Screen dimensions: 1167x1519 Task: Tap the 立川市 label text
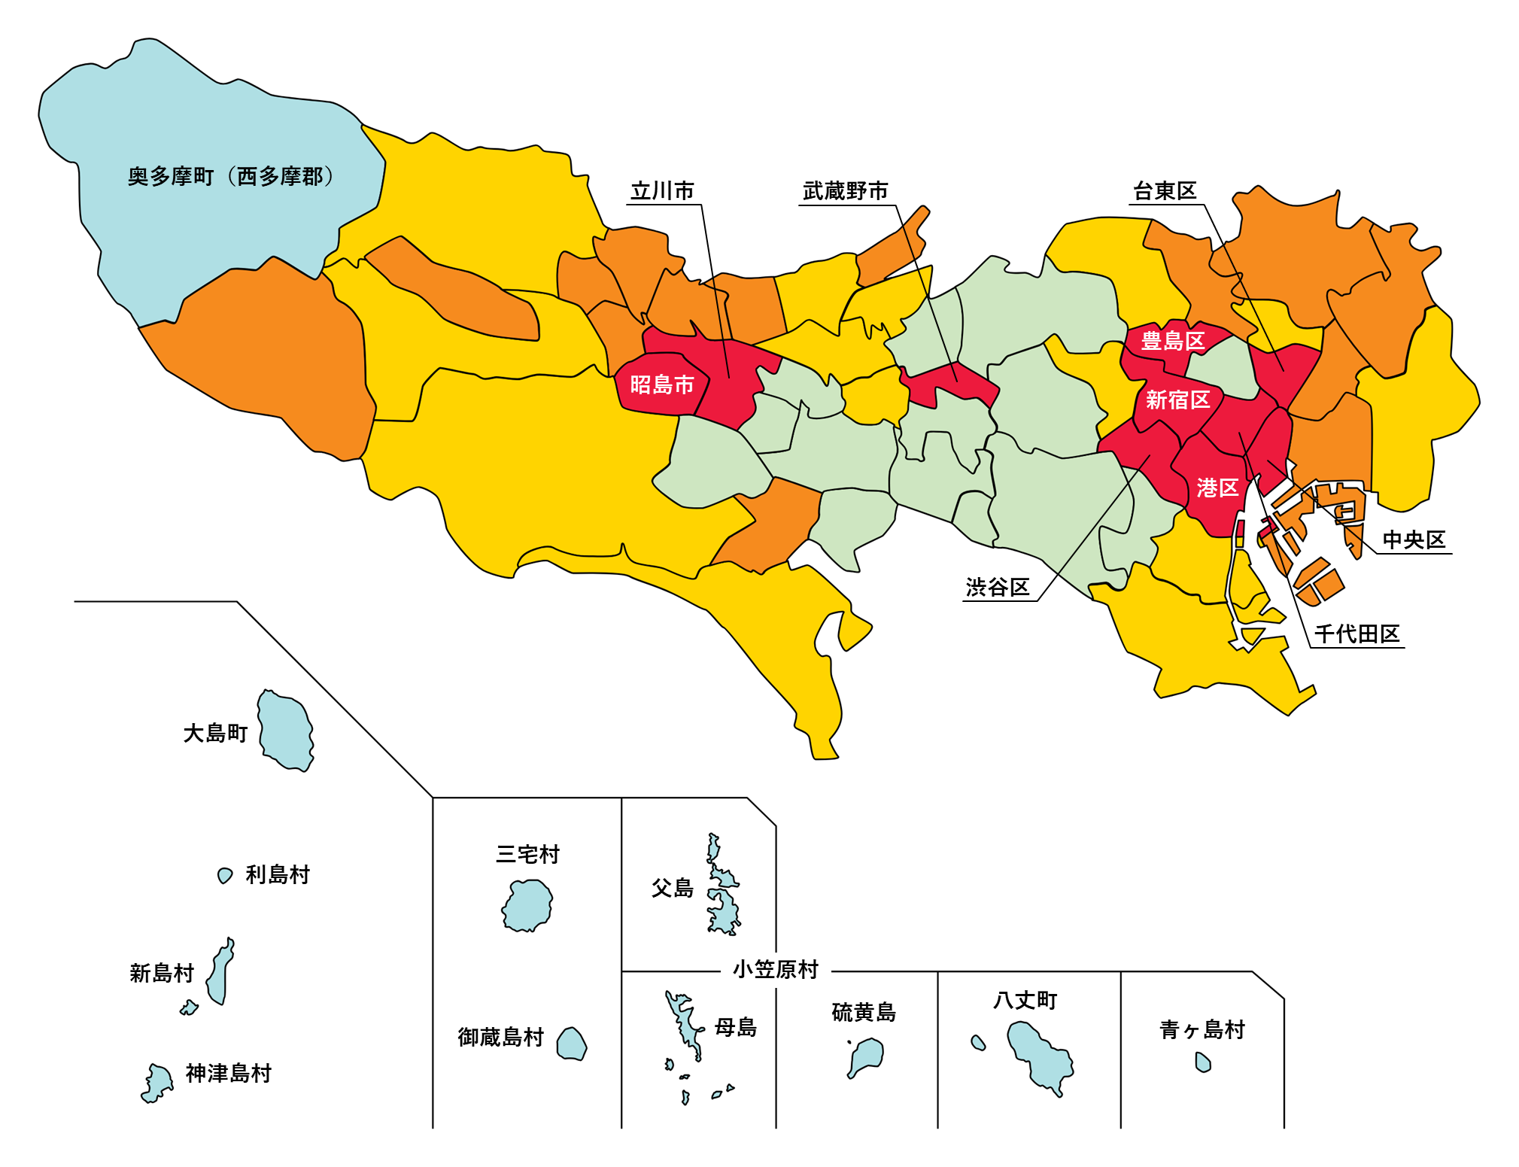(662, 191)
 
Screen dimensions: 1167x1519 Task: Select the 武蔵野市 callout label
(845, 191)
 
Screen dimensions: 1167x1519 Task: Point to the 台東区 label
(1164, 191)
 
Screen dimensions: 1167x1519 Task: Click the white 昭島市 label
(661, 384)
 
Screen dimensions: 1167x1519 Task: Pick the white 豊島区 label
(1172, 341)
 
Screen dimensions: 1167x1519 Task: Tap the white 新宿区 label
(1177, 400)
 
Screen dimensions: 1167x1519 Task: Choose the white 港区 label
(1217, 488)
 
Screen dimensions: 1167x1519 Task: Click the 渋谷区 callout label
(997, 587)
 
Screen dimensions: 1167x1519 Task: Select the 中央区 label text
(1414, 539)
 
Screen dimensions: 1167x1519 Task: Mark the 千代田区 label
(1356, 634)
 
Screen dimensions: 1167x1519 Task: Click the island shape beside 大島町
(285, 730)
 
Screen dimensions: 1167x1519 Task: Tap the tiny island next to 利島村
(224, 875)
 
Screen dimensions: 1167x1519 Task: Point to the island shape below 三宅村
(527, 906)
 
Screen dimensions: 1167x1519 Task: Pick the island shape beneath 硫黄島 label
(868, 1054)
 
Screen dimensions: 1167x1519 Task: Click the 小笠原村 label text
(775, 969)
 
